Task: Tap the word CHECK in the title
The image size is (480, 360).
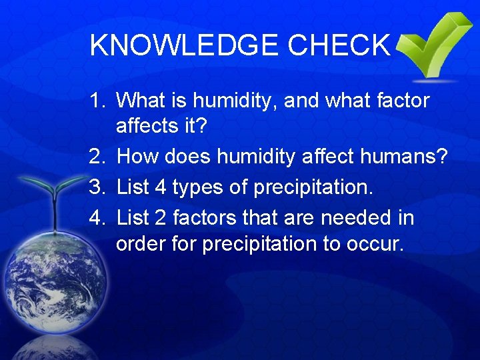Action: pos(339,45)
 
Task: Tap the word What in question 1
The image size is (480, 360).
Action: pos(142,101)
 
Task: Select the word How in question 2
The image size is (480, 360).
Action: pos(137,158)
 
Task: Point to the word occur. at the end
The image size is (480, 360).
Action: pos(375,244)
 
